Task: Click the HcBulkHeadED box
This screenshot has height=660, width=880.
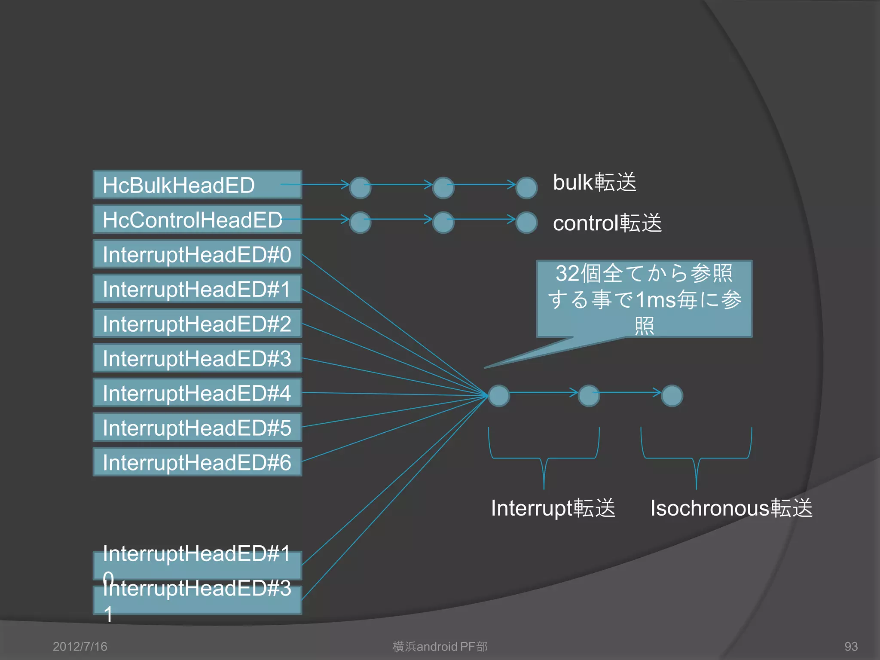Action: [197, 185]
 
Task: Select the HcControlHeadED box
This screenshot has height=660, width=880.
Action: [197, 220]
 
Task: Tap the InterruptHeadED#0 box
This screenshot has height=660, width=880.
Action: [197, 254]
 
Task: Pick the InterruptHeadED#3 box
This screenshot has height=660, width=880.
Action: [197, 358]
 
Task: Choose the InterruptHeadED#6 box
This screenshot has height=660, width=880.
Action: [197, 462]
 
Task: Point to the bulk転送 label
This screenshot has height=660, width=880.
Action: [594, 182]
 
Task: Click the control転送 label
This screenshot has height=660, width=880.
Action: [607, 223]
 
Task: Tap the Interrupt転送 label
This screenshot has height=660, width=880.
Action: [553, 508]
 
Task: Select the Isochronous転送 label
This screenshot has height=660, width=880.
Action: [731, 508]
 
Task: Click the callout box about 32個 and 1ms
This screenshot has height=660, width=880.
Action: [644, 299]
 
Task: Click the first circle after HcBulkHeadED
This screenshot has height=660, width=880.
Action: [360, 188]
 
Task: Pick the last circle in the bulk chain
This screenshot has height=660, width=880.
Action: [526, 188]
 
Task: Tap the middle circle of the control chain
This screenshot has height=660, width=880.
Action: [443, 223]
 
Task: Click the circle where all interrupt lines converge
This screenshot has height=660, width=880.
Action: [499, 396]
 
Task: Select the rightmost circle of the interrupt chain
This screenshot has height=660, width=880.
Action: [672, 396]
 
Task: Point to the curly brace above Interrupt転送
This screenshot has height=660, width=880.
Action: [544, 458]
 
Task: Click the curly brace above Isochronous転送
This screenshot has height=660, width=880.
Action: [696, 458]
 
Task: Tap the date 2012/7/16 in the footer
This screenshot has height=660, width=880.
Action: [80, 646]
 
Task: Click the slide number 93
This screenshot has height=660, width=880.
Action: [851, 646]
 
